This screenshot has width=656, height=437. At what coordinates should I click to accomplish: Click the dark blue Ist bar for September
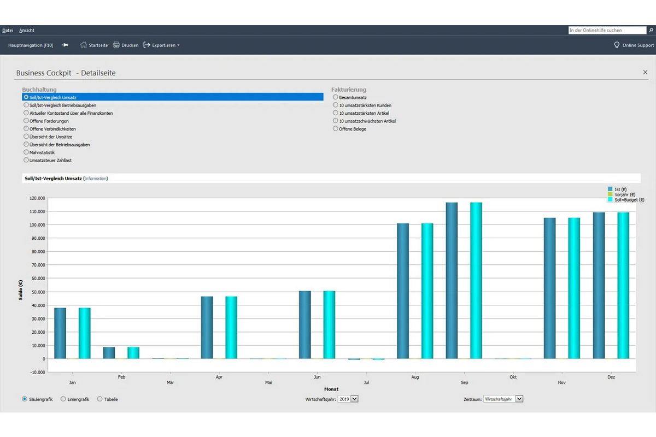point(452,280)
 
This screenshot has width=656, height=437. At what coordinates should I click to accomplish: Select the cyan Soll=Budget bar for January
point(85,333)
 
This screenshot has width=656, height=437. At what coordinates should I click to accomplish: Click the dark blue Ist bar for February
point(109,353)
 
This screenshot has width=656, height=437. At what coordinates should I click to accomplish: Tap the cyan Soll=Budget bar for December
point(623,285)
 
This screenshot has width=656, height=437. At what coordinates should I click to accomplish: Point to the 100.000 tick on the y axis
point(37,225)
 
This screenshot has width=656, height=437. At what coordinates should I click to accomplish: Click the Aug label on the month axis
point(415,377)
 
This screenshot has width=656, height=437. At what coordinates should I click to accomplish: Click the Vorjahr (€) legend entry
point(622,194)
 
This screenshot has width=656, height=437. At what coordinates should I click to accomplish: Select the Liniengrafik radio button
point(63,399)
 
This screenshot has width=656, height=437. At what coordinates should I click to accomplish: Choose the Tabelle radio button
point(100,399)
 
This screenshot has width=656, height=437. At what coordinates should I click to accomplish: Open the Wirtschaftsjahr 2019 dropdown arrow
point(354,399)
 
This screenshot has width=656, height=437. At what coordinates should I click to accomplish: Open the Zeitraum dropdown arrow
point(519,399)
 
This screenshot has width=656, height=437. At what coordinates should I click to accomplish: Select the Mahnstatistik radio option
point(26,152)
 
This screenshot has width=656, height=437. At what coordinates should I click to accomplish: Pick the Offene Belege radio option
point(335,128)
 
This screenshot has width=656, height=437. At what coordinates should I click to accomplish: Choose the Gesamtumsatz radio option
point(335,97)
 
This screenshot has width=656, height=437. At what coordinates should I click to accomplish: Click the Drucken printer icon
point(116,45)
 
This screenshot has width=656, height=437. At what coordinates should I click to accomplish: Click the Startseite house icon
point(84,45)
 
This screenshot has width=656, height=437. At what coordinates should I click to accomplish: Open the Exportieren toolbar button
point(161,45)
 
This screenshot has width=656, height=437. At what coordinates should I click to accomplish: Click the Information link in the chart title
point(96,179)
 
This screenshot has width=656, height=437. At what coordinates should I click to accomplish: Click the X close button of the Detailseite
point(645,72)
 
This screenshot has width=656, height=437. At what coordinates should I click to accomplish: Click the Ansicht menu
point(27,31)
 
